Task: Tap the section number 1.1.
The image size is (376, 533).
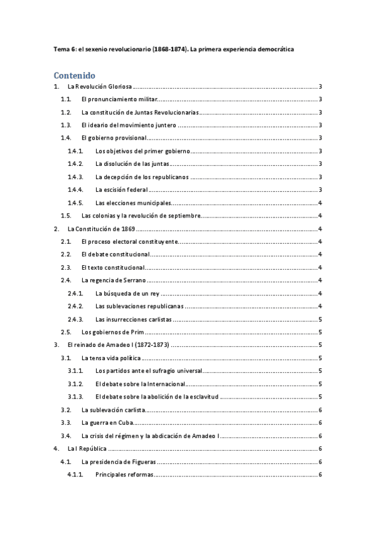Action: (x=66, y=99)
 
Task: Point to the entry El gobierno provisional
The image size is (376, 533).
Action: (x=114, y=138)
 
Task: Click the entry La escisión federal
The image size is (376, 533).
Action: (x=122, y=189)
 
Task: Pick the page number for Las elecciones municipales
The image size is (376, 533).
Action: (x=321, y=202)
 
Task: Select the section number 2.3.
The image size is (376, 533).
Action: (x=66, y=267)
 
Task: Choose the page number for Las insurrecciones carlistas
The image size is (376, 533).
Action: (x=321, y=319)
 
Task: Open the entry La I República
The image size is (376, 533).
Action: (x=87, y=448)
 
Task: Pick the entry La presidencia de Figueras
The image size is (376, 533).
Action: (x=118, y=461)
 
